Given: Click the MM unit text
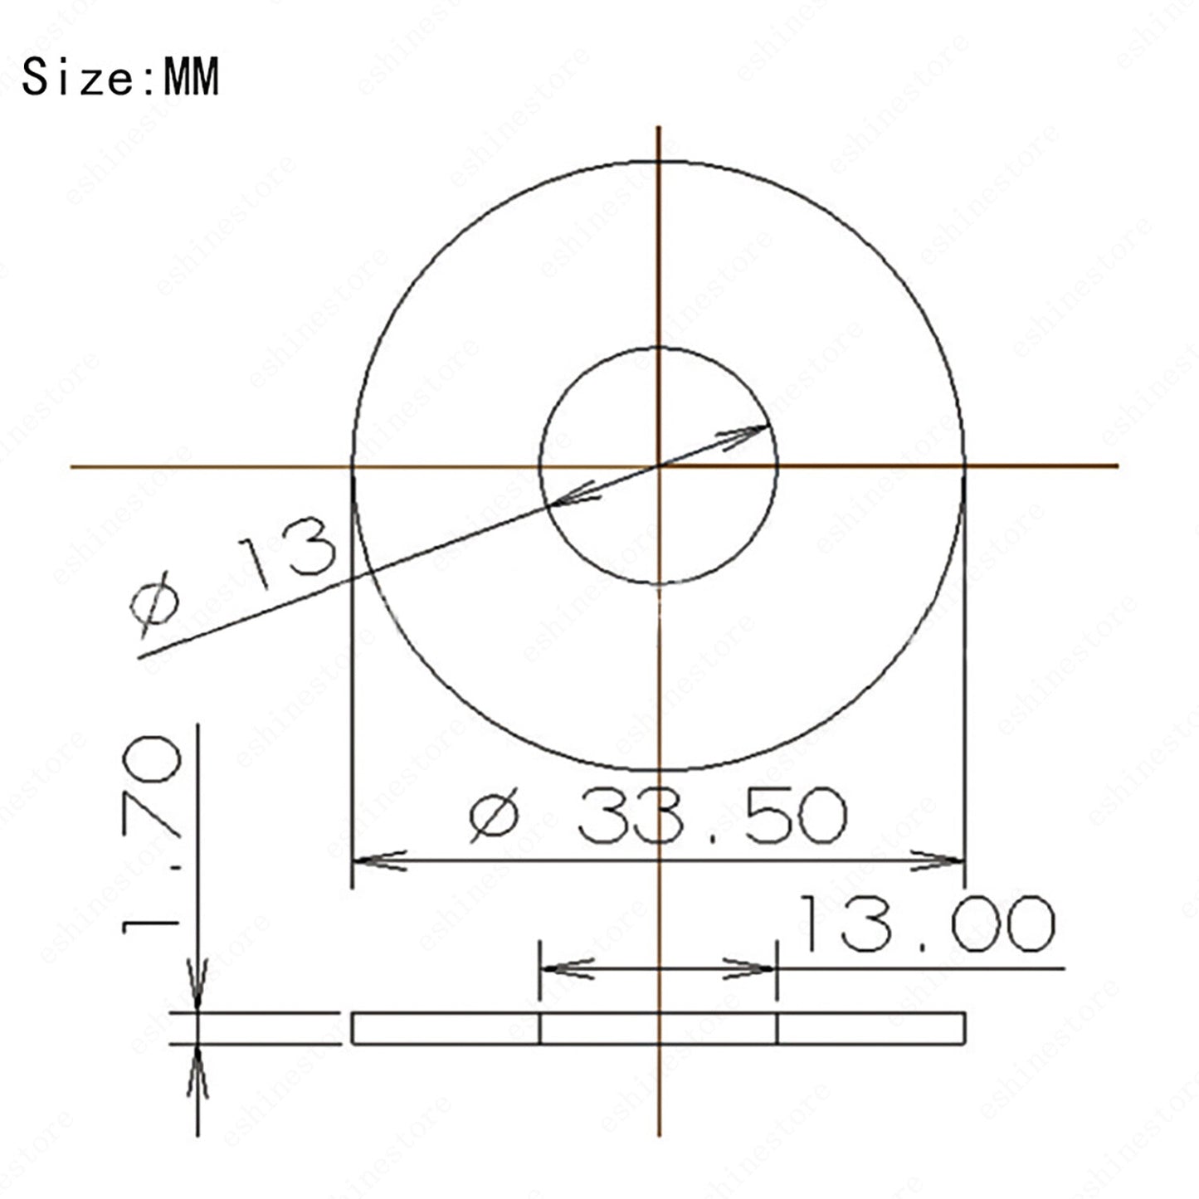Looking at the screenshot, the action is [x=191, y=76].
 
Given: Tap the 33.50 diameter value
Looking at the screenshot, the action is [x=713, y=815].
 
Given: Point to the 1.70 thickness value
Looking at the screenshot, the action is [x=151, y=835].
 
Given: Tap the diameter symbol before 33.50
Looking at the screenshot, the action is [x=494, y=815].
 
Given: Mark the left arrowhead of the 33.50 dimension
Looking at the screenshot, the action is [x=379, y=861].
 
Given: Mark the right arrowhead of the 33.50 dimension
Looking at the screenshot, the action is [x=937, y=861].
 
